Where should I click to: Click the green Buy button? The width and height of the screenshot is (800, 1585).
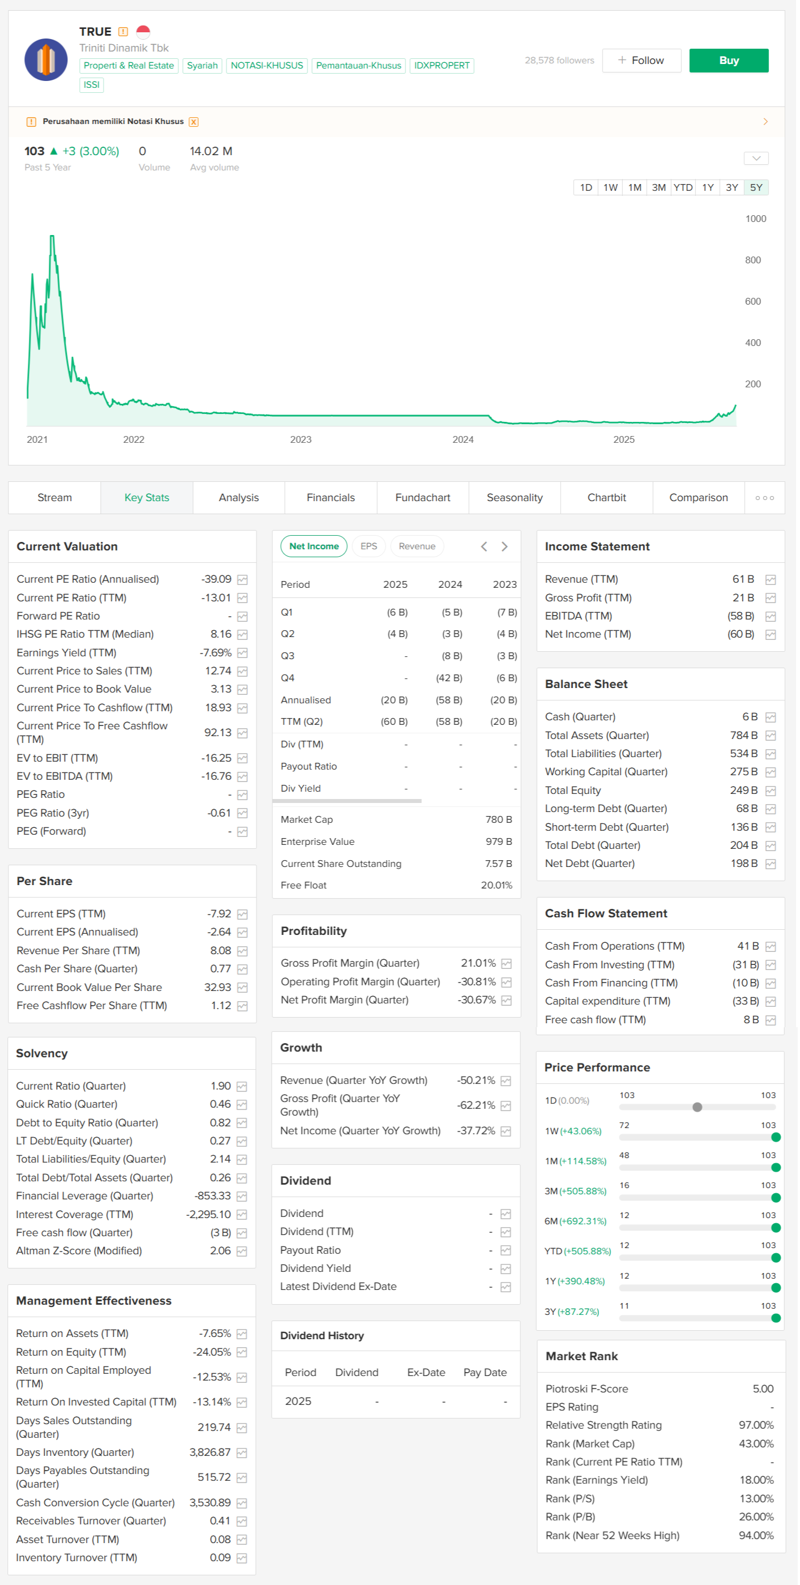(x=730, y=60)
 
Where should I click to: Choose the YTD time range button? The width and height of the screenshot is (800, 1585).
(x=685, y=187)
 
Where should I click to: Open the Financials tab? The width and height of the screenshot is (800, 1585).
(x=332, y=498)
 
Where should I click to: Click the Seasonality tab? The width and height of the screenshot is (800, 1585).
(x=516, y=498)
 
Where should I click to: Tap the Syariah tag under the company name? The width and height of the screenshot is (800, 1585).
(x=203, y=66)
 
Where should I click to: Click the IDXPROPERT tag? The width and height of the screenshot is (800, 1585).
(x=442, y=66)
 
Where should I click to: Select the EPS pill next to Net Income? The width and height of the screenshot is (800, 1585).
(x=369, y=547)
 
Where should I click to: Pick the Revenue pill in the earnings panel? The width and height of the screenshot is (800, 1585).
(x=418, y=547)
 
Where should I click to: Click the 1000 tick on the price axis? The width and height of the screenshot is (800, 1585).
(x=757, y=219)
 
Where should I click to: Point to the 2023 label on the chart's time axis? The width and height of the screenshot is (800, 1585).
(x=301, y=440)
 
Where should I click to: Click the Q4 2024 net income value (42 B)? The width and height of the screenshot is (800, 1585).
(x=450, y=678)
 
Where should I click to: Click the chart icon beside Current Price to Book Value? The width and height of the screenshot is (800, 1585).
(x=243, y=690)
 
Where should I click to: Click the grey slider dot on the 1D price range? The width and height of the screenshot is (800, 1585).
(x=699, y=1108)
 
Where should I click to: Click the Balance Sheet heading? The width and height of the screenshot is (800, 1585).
(x=587, y=685)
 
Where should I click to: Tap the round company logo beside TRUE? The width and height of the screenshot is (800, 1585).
(x=46, y=59)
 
